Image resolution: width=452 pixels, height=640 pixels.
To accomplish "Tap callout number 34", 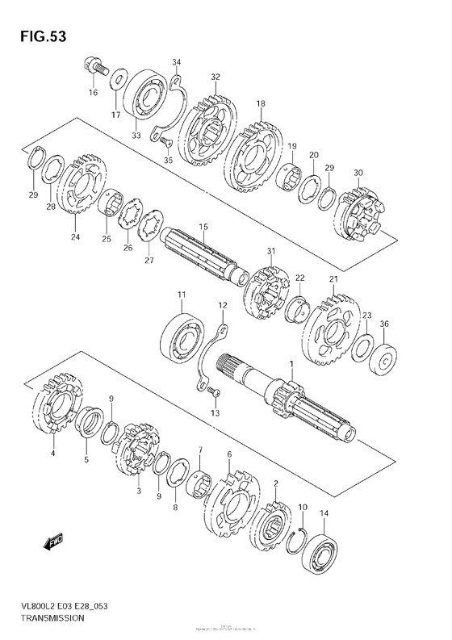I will (177, 61).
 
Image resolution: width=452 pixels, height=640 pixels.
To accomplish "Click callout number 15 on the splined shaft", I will (203, 227).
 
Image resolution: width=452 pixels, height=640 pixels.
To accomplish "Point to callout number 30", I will (358, 172).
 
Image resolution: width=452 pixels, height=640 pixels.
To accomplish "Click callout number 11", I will (182, 295).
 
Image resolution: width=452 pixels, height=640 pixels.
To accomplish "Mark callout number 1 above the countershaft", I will (291, 367).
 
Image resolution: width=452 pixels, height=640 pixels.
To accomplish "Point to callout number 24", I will (75, 237).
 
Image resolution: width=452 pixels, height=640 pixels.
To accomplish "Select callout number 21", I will (333, 279).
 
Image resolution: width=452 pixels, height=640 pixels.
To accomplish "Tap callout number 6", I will (229, 456).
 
